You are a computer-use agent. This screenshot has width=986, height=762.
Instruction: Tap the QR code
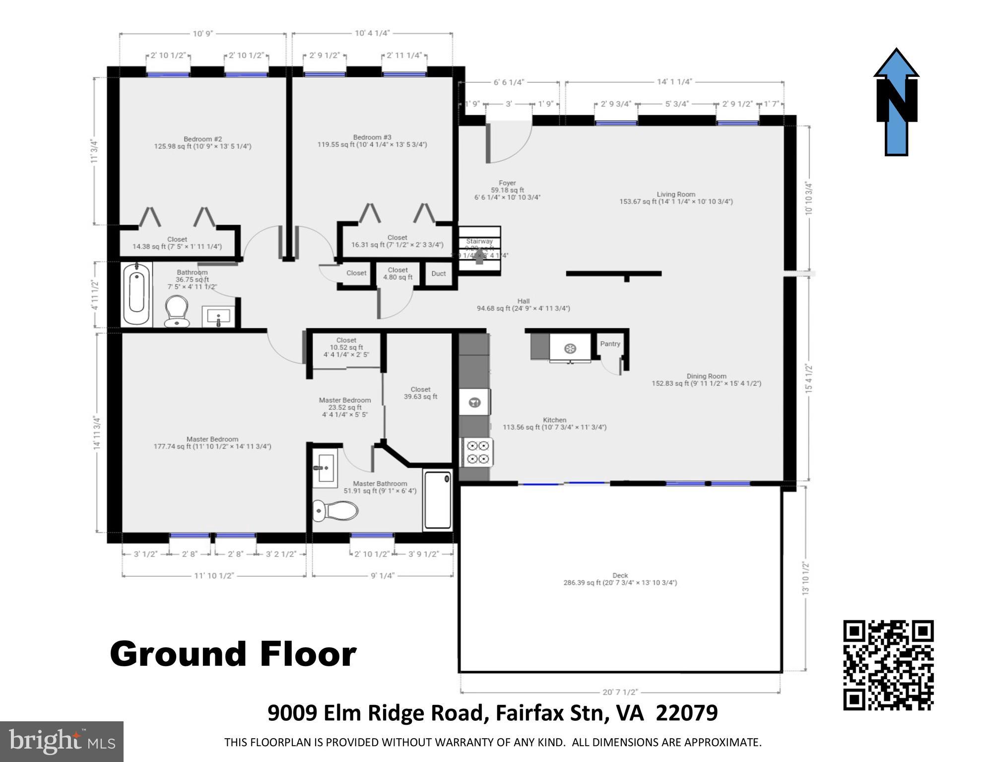coord(888,665)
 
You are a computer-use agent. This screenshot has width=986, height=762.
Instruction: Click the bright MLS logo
coord(62,741)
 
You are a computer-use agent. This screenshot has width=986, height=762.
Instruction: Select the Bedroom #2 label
coord(202,139)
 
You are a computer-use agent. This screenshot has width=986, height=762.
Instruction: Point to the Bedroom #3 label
coord(372,138)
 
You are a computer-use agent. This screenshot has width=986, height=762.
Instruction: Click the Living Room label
coord(676,195)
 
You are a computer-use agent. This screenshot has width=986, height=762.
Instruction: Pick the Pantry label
coord(610,344)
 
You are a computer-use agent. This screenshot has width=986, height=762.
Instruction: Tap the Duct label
coord(438,274)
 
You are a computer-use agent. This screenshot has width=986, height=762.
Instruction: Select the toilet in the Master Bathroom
coord(335,510)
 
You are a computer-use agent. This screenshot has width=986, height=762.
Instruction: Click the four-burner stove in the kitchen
coord(478,453)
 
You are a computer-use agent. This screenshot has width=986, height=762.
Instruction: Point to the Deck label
coord(620,576)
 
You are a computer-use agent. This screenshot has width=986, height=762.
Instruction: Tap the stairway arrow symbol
coord(479,258)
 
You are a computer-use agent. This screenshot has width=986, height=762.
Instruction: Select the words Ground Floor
coord(233,654)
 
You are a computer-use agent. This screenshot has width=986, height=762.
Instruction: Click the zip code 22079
coord(687,713)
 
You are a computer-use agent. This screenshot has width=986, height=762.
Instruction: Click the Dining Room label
coord(706,376)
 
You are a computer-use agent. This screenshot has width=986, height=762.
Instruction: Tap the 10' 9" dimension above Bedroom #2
coord(202,34)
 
